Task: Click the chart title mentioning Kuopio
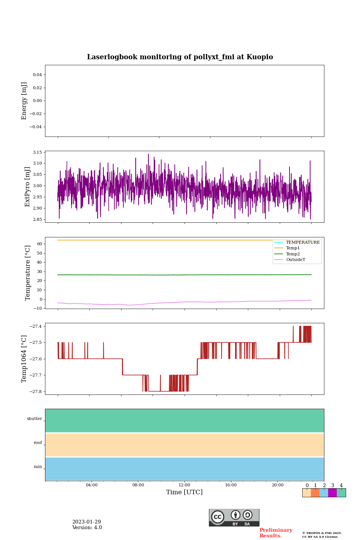pos(180,57)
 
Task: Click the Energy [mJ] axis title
pos(24,101)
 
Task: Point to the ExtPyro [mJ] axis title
pos(27,187)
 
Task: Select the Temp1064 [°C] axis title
pos(24,359)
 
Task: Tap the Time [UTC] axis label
pos(184,492)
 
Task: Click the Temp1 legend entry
pos(292,248)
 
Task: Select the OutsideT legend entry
pos(295,260)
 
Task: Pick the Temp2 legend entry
pos(292,254)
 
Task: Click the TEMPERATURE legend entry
pos(303,243)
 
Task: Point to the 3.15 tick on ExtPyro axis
pos(37,152)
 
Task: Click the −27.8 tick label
pos(36,391)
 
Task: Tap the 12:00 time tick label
pos(184,485)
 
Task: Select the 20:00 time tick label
pos(277,485)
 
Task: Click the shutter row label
pos(34,419)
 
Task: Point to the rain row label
pos(38,467)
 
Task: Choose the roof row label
pos(38,443)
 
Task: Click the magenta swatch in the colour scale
pos(332,493)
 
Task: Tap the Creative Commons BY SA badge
pos(234,517)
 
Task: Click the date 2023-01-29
pos(87,522)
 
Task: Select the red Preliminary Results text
pos(276,533)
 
